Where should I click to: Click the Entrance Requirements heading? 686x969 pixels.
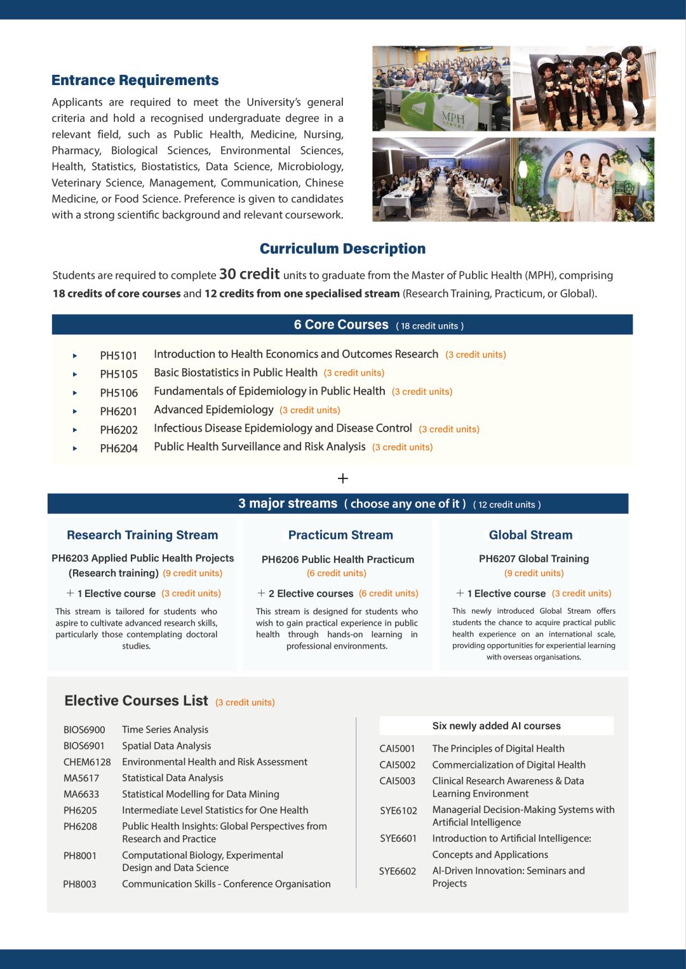pos(135,81)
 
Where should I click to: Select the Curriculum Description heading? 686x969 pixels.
pos(342,249)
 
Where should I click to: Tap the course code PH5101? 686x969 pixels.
pos(118,355)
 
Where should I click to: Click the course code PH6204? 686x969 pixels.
pos(119,448)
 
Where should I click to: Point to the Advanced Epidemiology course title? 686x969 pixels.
pos(213,410)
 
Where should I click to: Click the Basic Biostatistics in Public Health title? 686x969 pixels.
pos(235,372)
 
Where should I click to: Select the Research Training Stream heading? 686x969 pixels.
pos(142,535)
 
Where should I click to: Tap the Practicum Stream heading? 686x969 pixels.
pos(340,535)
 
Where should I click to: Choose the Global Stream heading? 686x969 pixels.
pos(530,535)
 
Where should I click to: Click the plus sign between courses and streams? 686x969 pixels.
pos(343,478)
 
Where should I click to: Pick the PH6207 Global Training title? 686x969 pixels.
pos(534,558)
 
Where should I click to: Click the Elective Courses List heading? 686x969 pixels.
pos(136,701)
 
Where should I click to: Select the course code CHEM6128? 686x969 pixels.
pos(87,762)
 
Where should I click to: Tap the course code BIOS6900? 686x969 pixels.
pos(84,730)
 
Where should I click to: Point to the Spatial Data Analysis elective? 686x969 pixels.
pos(166,746)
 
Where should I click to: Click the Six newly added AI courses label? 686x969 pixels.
pos(496,726)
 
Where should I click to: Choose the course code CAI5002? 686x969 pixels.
pos(397,765)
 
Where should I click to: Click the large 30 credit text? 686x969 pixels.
pos(249,274)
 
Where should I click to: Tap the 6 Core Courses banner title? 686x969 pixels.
pos(340,325)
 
